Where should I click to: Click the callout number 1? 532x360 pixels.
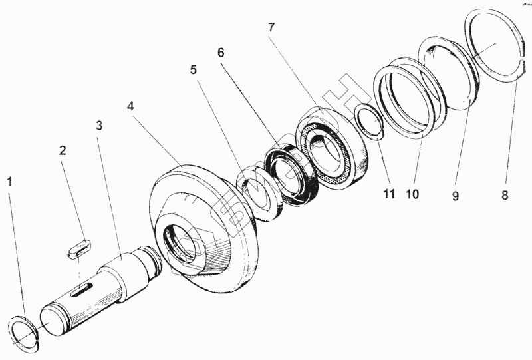9,180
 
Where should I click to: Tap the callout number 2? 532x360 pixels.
63,150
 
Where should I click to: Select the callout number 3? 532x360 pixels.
98,125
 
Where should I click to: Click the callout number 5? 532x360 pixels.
193,70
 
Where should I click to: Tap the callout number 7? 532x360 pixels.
271,27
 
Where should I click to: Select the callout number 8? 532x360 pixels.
505,196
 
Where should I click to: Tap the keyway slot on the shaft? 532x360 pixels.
82,288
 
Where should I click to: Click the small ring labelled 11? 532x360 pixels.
369,119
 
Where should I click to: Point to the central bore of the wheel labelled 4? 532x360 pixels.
183,242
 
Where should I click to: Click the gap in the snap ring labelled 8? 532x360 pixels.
523,56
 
